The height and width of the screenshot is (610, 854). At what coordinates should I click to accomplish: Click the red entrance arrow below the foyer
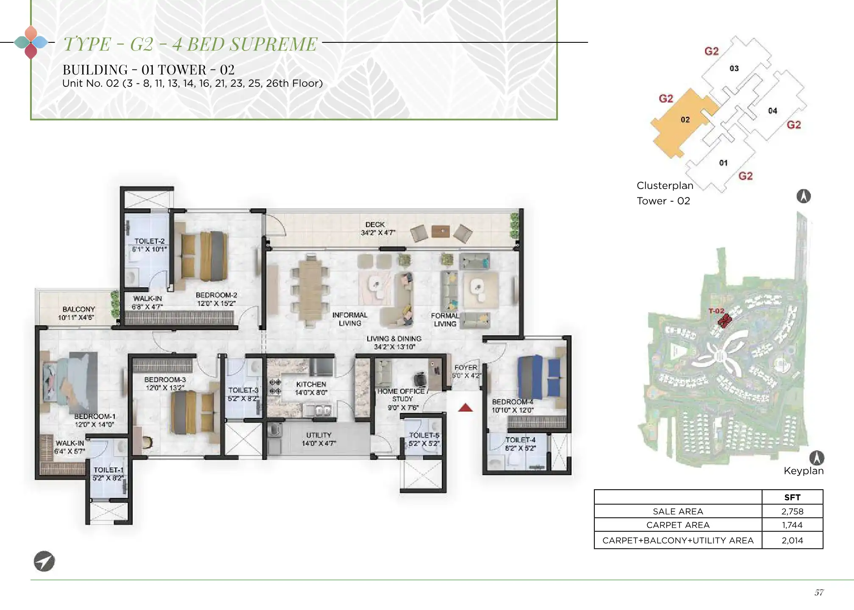465,408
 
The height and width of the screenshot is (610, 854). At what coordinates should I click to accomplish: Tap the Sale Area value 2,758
792,511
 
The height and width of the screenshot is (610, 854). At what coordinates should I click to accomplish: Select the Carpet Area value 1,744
792,525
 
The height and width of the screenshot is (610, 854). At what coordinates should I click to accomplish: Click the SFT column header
792,497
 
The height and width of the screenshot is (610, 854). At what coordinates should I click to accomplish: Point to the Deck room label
375,225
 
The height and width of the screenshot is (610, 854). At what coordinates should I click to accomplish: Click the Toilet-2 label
150,241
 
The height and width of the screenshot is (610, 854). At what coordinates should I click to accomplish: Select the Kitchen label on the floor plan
311,384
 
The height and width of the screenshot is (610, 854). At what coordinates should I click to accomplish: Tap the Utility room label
319,435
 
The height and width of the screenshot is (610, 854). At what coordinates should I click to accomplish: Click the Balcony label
78,309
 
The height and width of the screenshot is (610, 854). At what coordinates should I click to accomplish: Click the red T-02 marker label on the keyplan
716,311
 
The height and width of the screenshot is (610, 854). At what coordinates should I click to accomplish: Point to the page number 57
819,593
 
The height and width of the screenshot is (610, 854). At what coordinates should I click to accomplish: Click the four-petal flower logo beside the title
31,42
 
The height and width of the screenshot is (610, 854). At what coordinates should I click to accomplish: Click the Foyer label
466,368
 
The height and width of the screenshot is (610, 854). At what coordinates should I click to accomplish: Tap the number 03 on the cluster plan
734,68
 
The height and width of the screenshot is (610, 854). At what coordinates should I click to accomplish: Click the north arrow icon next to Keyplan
817,458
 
